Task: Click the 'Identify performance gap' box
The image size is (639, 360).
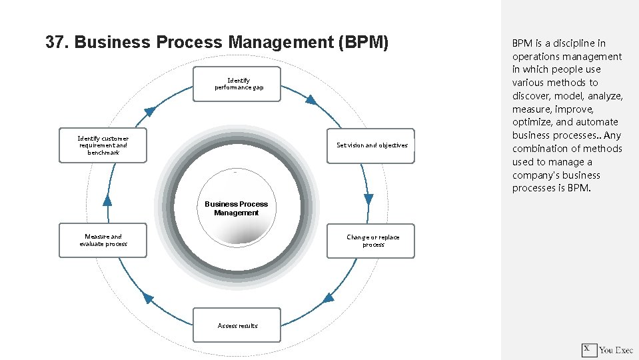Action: point(237,84)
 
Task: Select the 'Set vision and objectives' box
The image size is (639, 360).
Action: point(370,145)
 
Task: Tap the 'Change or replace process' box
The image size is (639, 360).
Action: point(370,241)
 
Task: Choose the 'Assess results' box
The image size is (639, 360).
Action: point(237,325)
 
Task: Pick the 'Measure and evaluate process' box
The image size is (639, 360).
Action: point(103,241)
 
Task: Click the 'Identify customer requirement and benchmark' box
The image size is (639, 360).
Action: point(103,145)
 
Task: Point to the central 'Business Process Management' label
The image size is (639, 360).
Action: point(236,209)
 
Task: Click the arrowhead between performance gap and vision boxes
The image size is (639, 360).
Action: point(311,100)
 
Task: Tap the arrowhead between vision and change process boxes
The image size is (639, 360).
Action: point(368,199)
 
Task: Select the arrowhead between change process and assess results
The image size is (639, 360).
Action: point(328,298)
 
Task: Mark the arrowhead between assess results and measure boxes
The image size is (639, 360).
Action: point(148,298)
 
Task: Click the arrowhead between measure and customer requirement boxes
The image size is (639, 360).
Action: point(107,199)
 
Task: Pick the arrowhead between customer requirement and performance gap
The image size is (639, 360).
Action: point(151,111)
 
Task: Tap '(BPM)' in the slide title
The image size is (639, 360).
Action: point(363,43)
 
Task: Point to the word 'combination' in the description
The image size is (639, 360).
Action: point(538,149)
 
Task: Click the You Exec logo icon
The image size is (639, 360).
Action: point(588,349)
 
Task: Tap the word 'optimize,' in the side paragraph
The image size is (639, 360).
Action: point(532,122)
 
